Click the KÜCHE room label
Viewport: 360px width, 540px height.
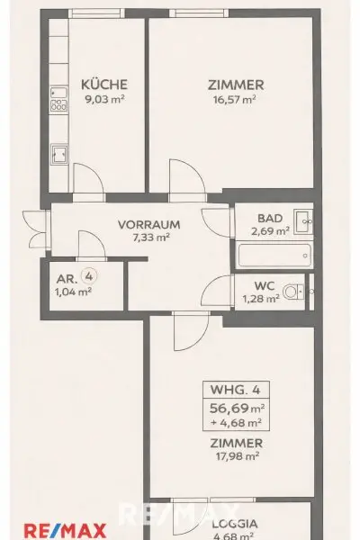pyautogui.click(x=98, y=85)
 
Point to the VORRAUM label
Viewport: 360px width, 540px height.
pyautogui.click(x=149, y=224)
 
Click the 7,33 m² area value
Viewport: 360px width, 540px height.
pyautogui.click(x=149, y=238)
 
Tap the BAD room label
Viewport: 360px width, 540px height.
pyautogui.click(x=269, y=218)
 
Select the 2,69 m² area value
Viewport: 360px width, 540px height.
pyautogui.click(x=269, y=231)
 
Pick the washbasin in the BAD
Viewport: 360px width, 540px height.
pyautogui.click(x=303, y=218)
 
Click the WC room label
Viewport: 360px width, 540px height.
pyautogui.click(x=265, y=285)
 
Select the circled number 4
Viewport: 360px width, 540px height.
pyautogui.click(x=87, y=277)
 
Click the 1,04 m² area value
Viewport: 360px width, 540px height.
pyautogui.click(x=74, y=292)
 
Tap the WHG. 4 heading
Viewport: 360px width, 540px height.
pyautogui.click(x=236, y=390)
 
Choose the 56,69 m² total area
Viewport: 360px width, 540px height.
pyautogui.click(x=236, y=407)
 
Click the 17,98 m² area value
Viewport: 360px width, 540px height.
pyautogui.click(x=236, y=456)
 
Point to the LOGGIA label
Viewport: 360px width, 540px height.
pyautogui.click(x=236, y=523)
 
